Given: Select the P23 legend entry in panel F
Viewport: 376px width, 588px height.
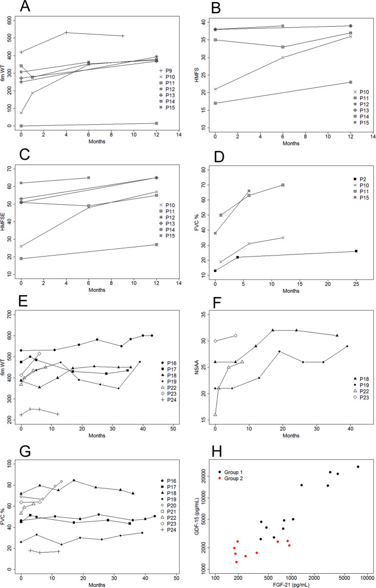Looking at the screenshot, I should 350,397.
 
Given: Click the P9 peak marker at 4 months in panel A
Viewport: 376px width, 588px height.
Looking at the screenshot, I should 66,33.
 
